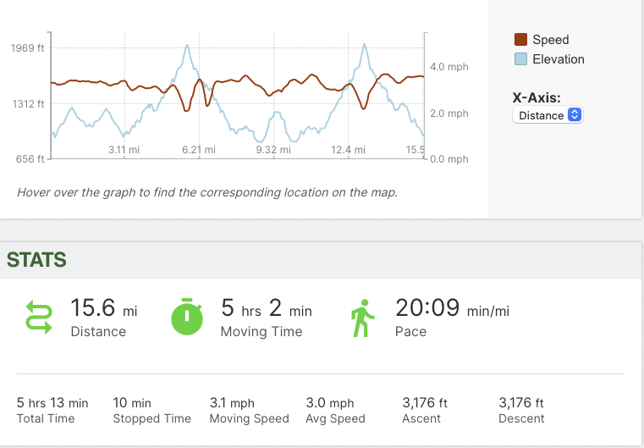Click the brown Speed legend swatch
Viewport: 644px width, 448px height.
(x=521, y=40)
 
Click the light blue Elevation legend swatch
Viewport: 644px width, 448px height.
(x=521, y=59)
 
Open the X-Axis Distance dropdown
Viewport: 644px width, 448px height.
(x=548, y=115)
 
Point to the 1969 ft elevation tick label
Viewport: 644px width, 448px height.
(x=28, y=48)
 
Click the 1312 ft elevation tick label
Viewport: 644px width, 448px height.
(x=28, y=104)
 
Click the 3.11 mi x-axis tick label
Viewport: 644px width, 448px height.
(x=124, y=150)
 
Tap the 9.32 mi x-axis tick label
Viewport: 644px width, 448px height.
(x=272, y=150)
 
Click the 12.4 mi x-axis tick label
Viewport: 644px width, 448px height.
(x=348, y=150)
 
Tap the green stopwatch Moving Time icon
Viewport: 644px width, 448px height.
(x=188, y=317)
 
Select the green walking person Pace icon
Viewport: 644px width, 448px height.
(x=362, y=317)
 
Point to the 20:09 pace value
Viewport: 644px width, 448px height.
(x=428, y=308)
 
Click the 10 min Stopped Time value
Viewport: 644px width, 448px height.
(x=132, y=403)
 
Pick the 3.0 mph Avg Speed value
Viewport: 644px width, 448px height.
(x=330, y=403)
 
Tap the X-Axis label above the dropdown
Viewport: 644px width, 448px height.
(x=537, y=97)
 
